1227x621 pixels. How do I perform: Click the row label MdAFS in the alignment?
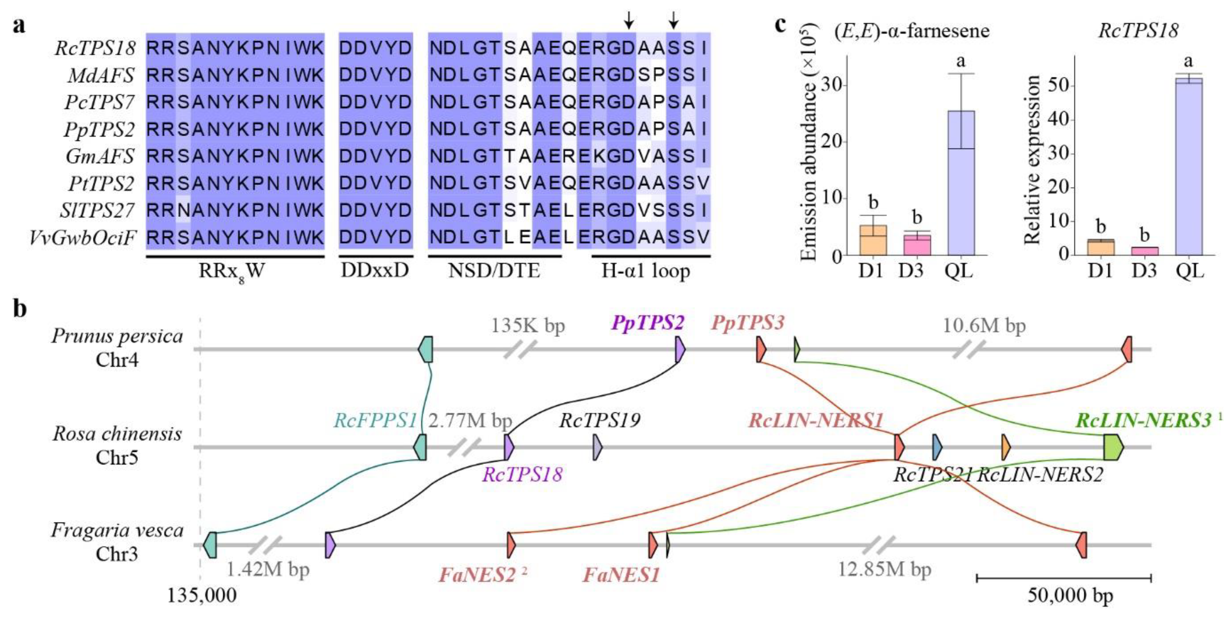(x=101, y=75)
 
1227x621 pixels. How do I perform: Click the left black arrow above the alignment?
(x=629, y=20)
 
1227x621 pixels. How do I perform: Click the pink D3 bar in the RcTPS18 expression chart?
(x=1144, y=251)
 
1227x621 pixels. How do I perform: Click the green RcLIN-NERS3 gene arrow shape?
(x=1113, y=447)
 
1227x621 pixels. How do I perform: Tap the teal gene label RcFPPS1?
(x=375, y=421)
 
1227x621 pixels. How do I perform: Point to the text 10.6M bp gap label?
(x=984, y=326)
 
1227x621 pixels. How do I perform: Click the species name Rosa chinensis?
(x=117, y=434)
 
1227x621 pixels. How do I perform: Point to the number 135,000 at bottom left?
(x=201, y=595)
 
